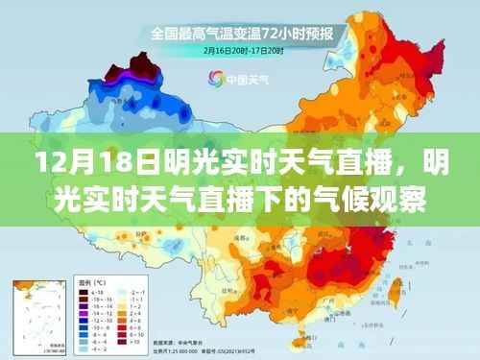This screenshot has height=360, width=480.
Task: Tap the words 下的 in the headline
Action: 310,200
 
